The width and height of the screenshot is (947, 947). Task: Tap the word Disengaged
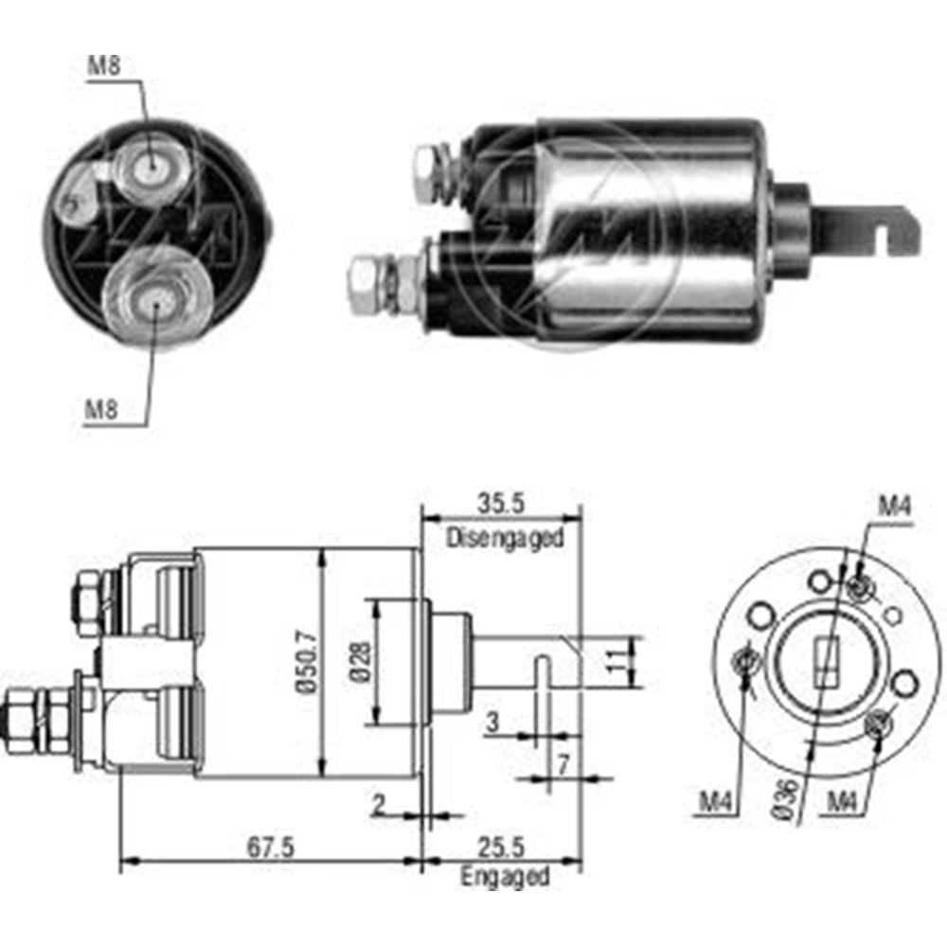tap(506, 538)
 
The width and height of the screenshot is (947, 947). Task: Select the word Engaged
tap(505, 877)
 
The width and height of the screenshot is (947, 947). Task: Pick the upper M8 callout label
tap(103, 66)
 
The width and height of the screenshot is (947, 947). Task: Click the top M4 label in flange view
tap(892, 509)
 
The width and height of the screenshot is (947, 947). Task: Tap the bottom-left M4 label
tap(717, 803)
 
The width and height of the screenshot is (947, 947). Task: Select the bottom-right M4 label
tap(845, 803)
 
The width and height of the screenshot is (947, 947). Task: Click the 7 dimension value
tap(564, 762)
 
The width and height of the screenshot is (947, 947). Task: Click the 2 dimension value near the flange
tap(379, 806)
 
